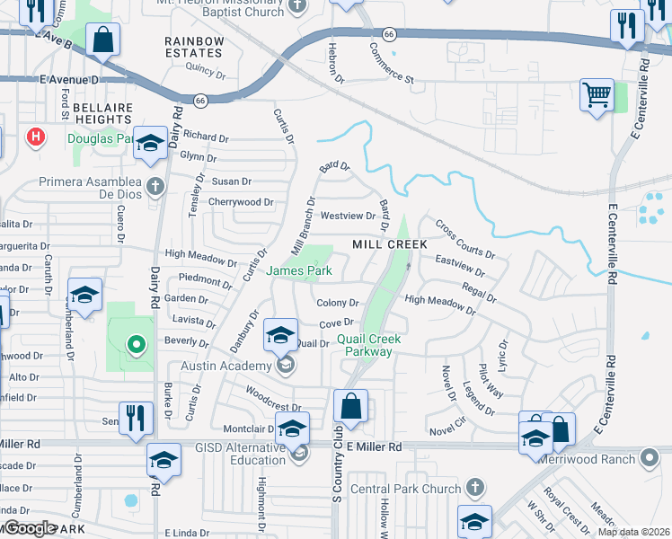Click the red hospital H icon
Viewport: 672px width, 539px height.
36,137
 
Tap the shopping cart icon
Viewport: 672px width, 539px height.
597,94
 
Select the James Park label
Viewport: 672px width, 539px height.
299,270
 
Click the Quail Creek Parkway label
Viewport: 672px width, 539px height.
365,345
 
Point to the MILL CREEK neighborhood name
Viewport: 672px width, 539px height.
389,244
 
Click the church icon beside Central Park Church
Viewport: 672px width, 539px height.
475,489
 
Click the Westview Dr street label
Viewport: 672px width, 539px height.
348,216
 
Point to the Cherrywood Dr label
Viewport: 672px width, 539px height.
240,202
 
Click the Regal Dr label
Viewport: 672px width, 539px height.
479,291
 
